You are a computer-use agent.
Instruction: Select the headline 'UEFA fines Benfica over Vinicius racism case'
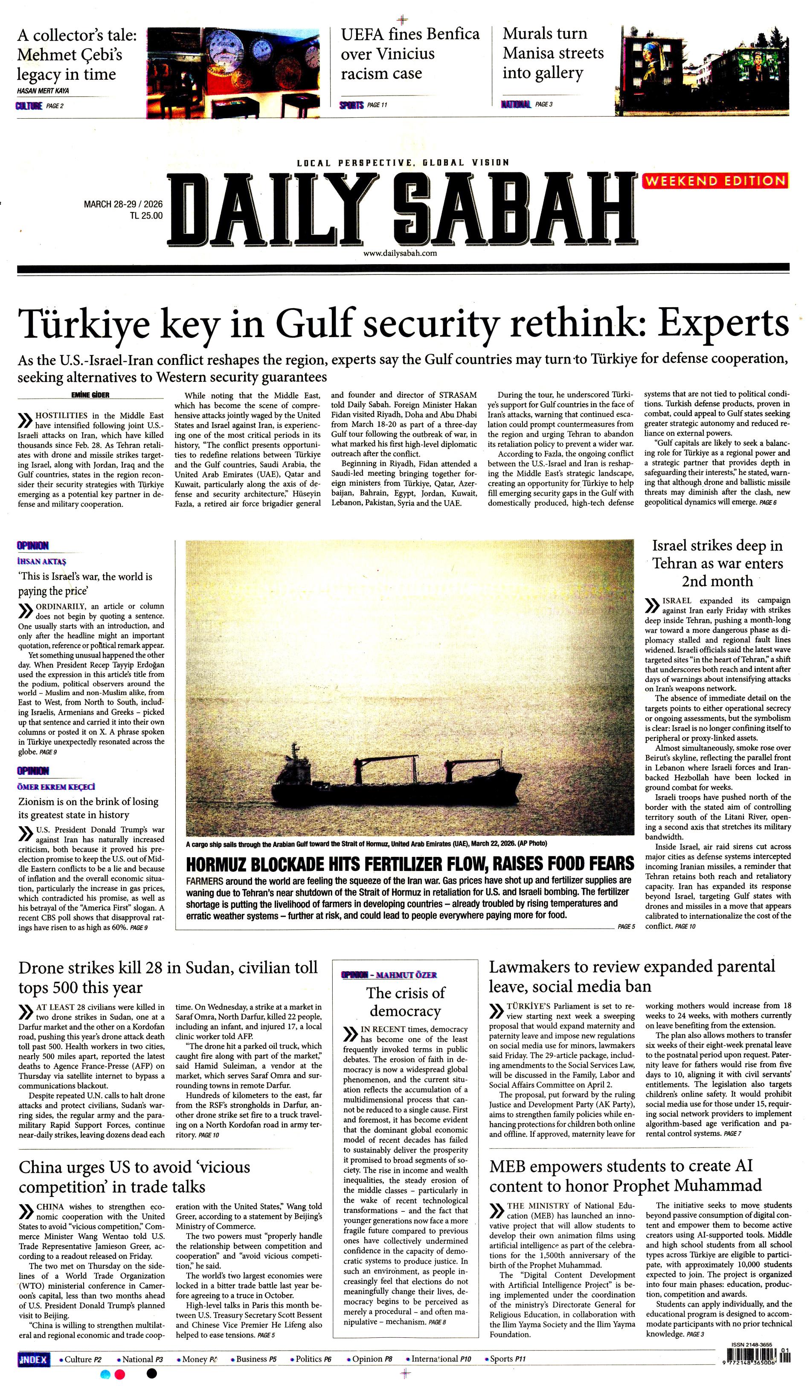coord(409,54)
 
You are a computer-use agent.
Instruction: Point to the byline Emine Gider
coord(91,395)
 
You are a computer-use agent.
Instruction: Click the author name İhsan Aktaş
coord(42,562)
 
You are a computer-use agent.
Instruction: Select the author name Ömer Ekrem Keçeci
coord(56,787)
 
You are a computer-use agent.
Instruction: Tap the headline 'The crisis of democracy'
coord(405,1002)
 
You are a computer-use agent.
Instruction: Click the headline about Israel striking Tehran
coord(717,563)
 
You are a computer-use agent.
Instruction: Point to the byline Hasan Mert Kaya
coord(43,91)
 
